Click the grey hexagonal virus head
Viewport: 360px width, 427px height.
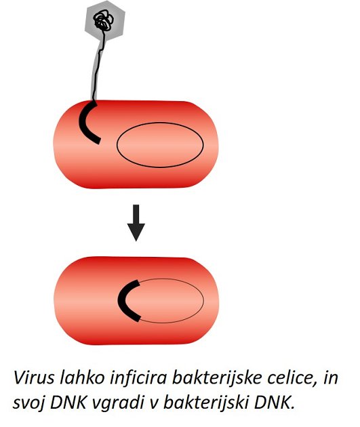105,21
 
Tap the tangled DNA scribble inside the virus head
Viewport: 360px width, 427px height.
104,20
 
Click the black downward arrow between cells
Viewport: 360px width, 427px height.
136,223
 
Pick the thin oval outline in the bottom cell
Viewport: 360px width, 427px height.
203,300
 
